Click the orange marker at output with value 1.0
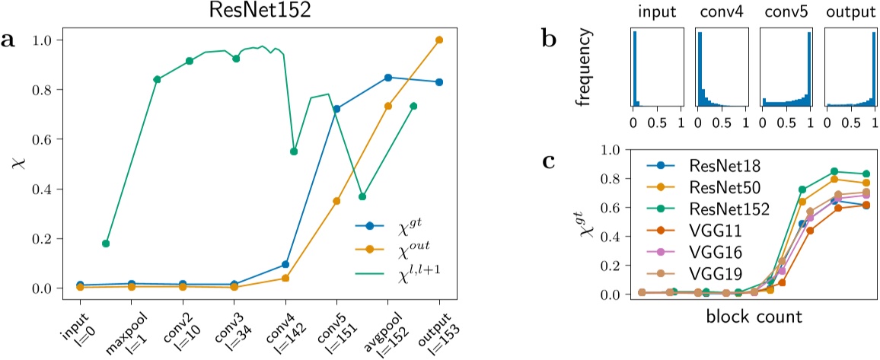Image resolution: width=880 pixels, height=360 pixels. click(x=439, y=40)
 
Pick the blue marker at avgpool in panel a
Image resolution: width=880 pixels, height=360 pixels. click(x=387, y=78)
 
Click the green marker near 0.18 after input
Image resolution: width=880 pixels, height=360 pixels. click(x=106, y=244)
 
